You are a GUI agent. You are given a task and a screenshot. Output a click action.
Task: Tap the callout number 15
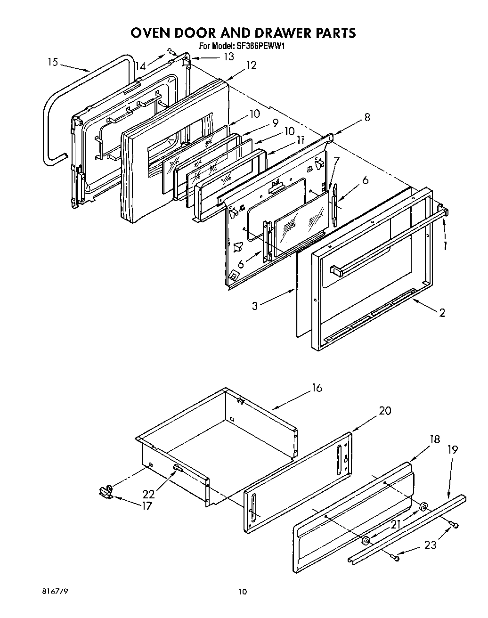coord(53,62)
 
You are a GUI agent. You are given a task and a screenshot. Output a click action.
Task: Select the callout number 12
coord(251,65)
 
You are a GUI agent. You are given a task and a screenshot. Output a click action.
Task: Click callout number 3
coord(255,306)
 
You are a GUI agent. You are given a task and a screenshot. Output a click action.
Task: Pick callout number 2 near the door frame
coord(441,312)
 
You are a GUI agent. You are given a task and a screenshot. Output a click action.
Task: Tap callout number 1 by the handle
coord(445,245)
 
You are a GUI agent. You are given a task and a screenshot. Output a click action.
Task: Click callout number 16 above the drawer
coord(317,388)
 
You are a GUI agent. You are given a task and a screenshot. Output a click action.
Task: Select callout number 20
coord(385,410)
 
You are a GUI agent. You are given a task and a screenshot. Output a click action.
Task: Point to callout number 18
coord(434,439)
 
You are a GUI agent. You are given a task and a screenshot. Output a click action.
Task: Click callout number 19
coord(452,449)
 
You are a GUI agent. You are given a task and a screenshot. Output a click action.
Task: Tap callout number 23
coord(430,545)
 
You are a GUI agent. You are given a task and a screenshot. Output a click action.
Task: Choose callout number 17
coord(147,506)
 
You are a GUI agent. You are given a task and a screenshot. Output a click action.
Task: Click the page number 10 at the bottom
coord(242,592)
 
